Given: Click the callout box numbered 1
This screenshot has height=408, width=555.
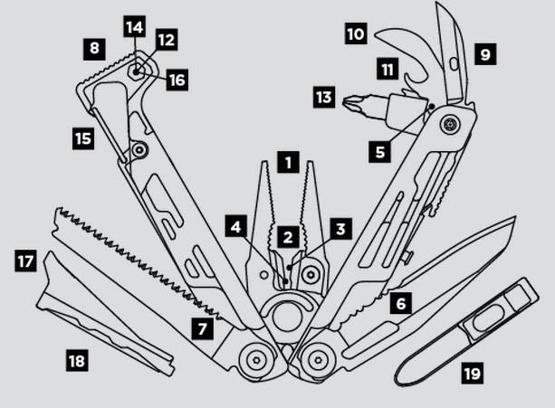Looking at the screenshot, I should pos(288,164).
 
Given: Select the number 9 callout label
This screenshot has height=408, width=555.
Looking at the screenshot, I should pos(485,55).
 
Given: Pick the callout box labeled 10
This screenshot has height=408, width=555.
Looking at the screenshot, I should pos(356,35).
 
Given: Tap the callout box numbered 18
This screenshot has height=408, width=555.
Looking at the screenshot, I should pos(78,361).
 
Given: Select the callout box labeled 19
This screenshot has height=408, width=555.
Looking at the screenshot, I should pos(472,372).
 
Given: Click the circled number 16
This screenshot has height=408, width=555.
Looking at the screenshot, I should pos(177,80).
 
